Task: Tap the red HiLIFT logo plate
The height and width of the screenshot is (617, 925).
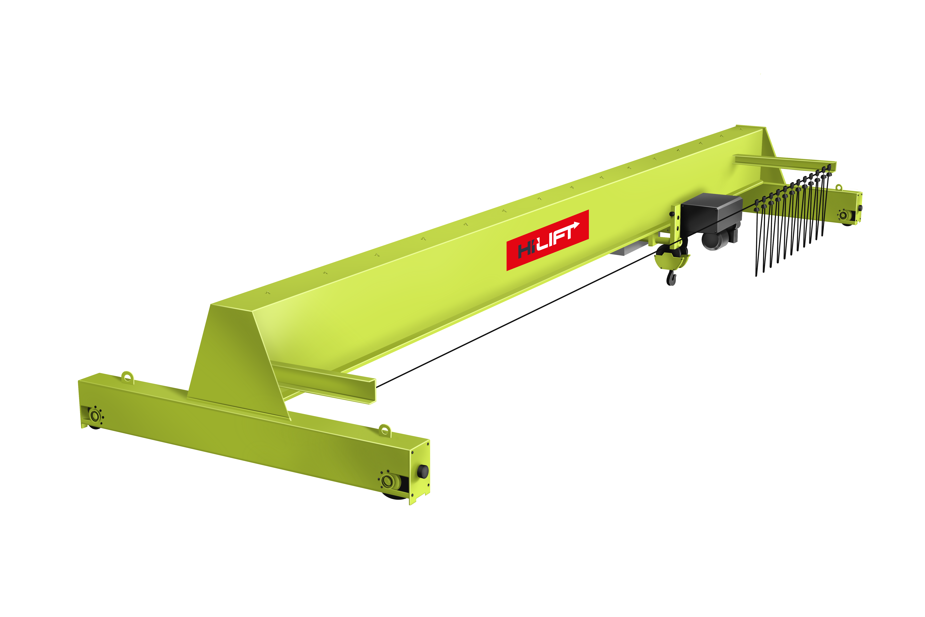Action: click(x=547, y=240)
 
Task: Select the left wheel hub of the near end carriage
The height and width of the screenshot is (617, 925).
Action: click(x=95, y=415)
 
